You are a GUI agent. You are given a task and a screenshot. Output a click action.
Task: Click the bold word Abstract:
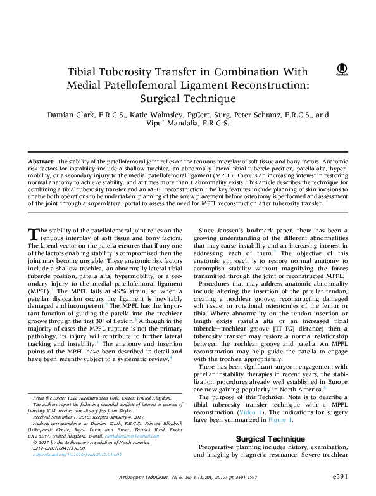tap(42, 163)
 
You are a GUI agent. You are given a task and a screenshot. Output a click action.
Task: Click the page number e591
tap(351, 476)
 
